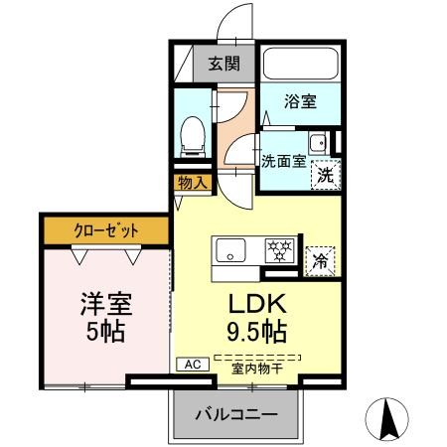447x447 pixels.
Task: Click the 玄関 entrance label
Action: point(223,65)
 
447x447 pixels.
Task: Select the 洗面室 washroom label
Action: point(283,161)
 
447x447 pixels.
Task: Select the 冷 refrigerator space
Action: point(320,261)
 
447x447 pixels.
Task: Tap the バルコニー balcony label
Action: point(235,412)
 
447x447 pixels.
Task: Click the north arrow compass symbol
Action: point(391,416)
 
